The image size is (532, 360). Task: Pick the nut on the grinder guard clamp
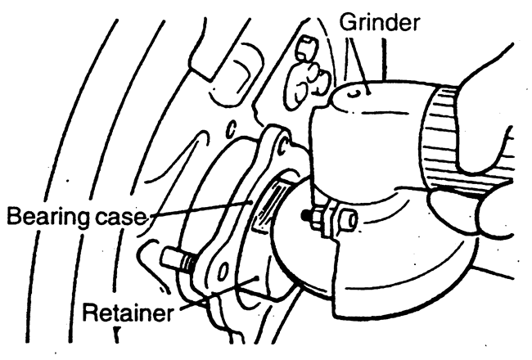tap(345, 219)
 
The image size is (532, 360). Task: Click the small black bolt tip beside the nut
tap(305, 217)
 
